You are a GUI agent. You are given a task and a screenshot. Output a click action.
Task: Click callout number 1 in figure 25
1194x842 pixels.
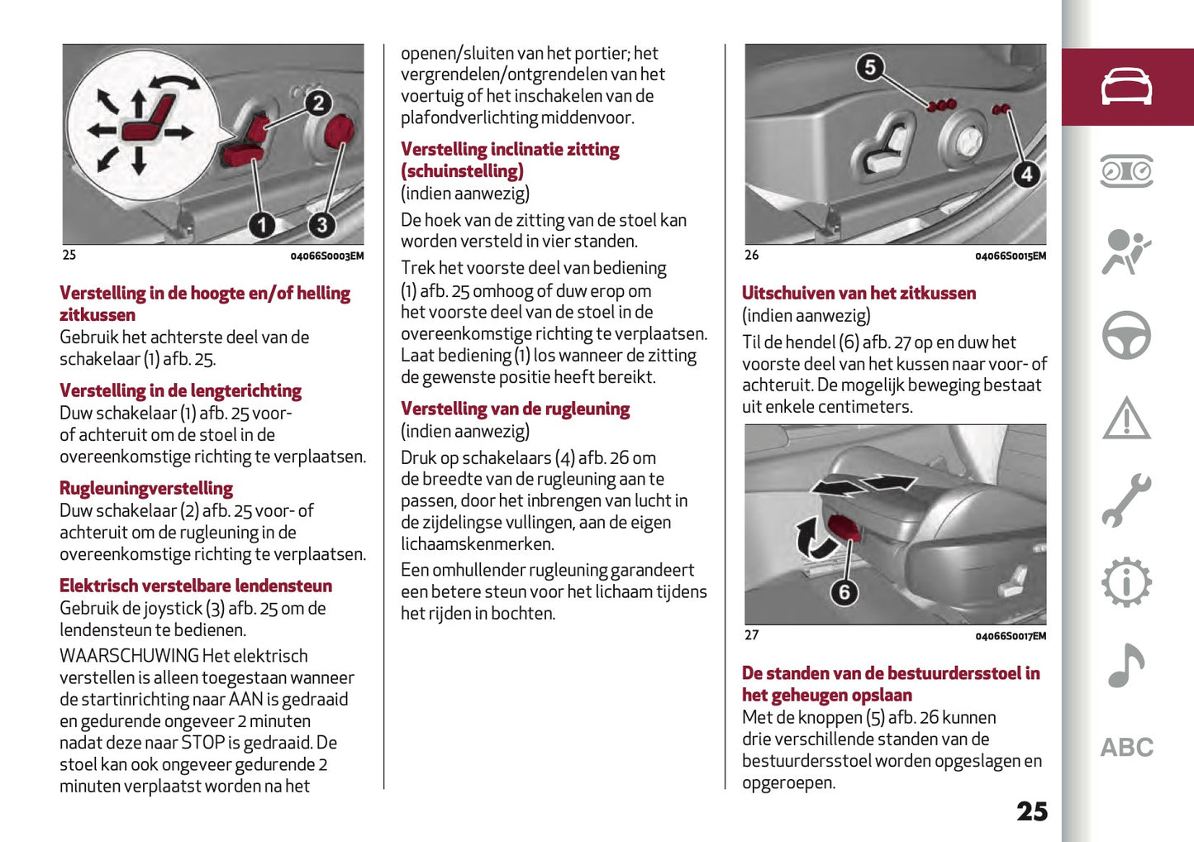(262, 224)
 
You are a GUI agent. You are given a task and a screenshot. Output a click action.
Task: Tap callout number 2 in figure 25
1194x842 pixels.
(318, 103)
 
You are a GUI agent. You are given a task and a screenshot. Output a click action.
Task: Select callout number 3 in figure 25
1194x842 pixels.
(321, 224)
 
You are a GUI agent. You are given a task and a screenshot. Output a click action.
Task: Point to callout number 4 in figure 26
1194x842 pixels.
(1026, 175)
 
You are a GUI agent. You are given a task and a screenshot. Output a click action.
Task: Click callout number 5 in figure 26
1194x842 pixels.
(869, 67)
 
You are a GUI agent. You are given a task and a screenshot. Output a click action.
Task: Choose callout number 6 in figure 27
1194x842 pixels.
(844, 592)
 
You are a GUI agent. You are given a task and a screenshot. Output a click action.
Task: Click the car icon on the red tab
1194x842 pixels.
(1126, 87)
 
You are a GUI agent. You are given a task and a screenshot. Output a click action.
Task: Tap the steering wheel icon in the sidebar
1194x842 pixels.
(1126, 335)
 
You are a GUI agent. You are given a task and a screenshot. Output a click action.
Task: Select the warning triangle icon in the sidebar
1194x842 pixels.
(1126, 418)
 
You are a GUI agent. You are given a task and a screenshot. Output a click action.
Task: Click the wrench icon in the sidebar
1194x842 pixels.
(1126, 500)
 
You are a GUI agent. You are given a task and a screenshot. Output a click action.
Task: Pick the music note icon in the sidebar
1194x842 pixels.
(1126, 665)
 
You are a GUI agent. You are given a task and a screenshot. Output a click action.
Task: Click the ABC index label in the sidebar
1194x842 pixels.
(1126, 748)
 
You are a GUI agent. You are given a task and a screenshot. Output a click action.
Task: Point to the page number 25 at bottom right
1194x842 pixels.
(1032, 811)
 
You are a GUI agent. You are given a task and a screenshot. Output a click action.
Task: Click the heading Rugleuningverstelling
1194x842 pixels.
(146, 488)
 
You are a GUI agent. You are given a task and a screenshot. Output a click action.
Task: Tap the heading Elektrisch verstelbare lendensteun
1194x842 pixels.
(196, 586)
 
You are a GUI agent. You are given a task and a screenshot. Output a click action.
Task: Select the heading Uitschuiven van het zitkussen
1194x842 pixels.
(859, 293)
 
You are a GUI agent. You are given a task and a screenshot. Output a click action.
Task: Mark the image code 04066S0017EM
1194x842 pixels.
(1011, 636)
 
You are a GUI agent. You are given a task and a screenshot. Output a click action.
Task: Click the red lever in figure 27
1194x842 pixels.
(843, 527)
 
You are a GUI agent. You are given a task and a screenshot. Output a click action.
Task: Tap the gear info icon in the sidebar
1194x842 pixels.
(1126, 582)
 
